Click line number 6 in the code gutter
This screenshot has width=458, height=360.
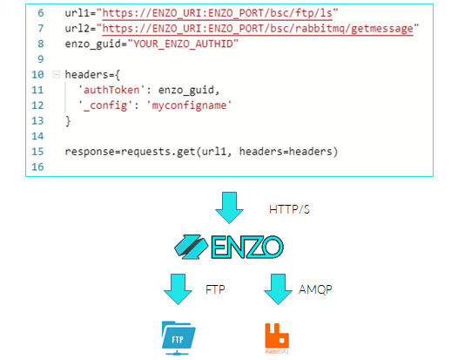point(41,13)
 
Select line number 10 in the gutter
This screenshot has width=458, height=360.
point(37,75)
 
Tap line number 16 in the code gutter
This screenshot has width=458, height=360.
point(37,167)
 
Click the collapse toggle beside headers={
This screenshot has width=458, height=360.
point(56,75)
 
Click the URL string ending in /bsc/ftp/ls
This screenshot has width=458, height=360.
point(218,13)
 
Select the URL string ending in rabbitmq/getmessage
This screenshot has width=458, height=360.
point(258,29)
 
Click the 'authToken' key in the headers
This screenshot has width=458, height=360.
point(111,90)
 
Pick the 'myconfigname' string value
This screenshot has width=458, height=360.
point(189,105)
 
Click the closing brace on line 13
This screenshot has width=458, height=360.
point(68,121)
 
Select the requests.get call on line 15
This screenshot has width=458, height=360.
point(201,152)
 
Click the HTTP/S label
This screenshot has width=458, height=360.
point(289,209)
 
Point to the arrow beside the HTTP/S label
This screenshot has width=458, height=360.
point(229,208)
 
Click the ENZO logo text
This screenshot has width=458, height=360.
point(247,248)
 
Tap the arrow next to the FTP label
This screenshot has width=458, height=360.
point(178,289)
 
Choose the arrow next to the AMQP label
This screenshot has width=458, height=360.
point(278,289)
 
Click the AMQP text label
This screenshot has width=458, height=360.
point(315,289)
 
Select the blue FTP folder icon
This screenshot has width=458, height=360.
point(178,338)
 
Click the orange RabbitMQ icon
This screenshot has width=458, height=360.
point(277,338)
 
